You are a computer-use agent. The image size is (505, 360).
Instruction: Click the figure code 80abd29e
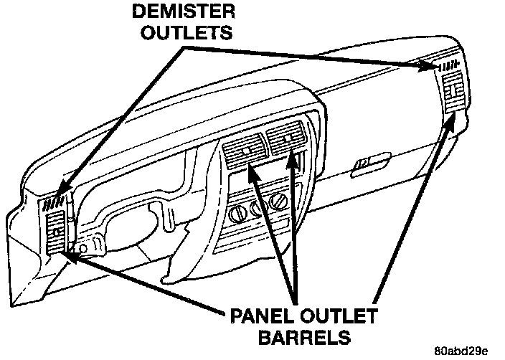[461, 351]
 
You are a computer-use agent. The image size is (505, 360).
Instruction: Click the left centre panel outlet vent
[245, 151]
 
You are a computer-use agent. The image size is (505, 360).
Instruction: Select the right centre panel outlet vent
[284, 136]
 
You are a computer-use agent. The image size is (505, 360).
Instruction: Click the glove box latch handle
[363, 165]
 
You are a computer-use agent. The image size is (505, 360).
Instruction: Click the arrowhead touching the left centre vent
[248, 170]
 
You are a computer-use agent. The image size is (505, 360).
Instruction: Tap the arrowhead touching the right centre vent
[291, 156]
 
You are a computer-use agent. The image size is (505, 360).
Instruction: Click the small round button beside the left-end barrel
[84, 248]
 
